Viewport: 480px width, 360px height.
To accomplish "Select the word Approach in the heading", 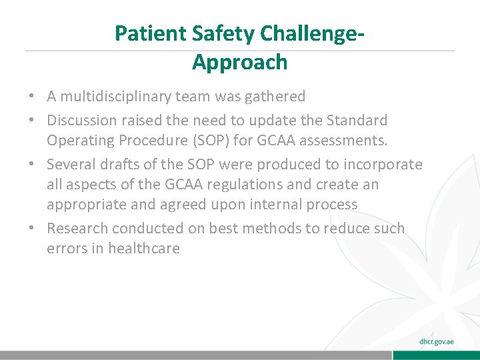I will click(x=239, y=62).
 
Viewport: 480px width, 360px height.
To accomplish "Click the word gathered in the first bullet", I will click(x=276, y=97).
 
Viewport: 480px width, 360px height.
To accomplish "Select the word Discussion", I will click(x=81, y=121).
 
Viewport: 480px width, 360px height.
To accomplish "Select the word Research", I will click(x=77, y=228).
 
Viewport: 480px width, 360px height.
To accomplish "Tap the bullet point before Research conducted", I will click(x=32, y=228).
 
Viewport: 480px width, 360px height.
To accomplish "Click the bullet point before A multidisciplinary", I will click(x=32, y=97).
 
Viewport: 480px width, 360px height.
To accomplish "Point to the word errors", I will click(x=64, y=248).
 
